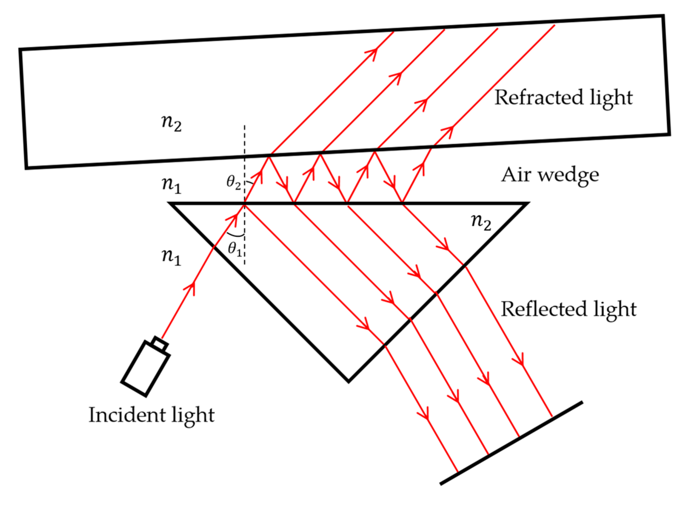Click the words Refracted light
tap(563, 98)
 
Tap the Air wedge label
tap(550, 175)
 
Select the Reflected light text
tap(568, 309)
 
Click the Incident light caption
tap(151, 415)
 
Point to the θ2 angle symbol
tap(234, 182)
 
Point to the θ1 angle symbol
tap(235, 248)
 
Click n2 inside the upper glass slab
tap(171, 123)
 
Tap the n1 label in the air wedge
tap(171, 185)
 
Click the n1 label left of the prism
tap(171, 257)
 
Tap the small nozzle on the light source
tap(160, 344)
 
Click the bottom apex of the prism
tap(348, 381)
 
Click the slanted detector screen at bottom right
tap(511, 443)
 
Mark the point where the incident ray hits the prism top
tap(245, 204)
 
